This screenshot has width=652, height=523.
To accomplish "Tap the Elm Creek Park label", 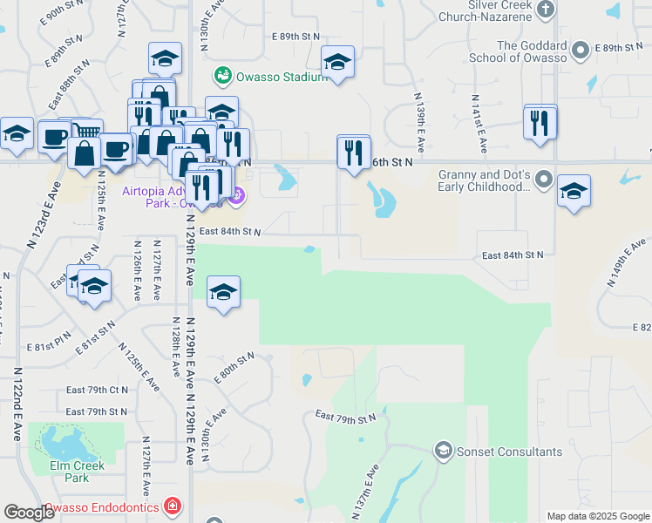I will point(78,472).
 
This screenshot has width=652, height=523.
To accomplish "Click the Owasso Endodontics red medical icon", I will point(173,506).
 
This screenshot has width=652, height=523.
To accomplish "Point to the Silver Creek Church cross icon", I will point(545,10).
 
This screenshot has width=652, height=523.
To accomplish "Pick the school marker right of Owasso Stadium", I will point(337,62).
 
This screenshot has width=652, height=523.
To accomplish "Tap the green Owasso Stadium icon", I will point(224,77).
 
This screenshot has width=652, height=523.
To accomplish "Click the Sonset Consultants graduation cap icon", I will point(443,451).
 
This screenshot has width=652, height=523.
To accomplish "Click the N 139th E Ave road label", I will point(419,127).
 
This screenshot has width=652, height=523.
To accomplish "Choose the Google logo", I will point(29,513).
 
